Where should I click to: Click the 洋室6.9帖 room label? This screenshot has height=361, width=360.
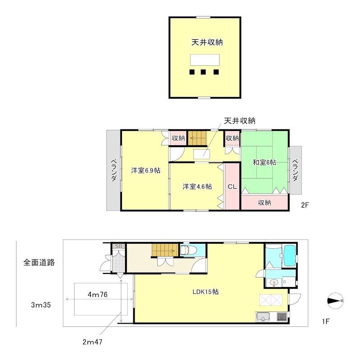(146, 171)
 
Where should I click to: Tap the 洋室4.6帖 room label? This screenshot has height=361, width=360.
(197, 186)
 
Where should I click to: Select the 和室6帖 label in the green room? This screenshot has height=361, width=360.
(264, 162)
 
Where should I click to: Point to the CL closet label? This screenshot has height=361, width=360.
(232, 186)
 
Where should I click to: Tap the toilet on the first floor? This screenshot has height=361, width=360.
(186, 250)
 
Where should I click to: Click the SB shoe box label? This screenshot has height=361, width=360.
(119, 246)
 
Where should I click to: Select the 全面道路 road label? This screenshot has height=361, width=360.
(39, 262)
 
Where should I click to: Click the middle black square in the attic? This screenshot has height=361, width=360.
(204, 72)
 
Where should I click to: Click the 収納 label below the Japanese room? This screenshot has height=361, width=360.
(264, 203)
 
